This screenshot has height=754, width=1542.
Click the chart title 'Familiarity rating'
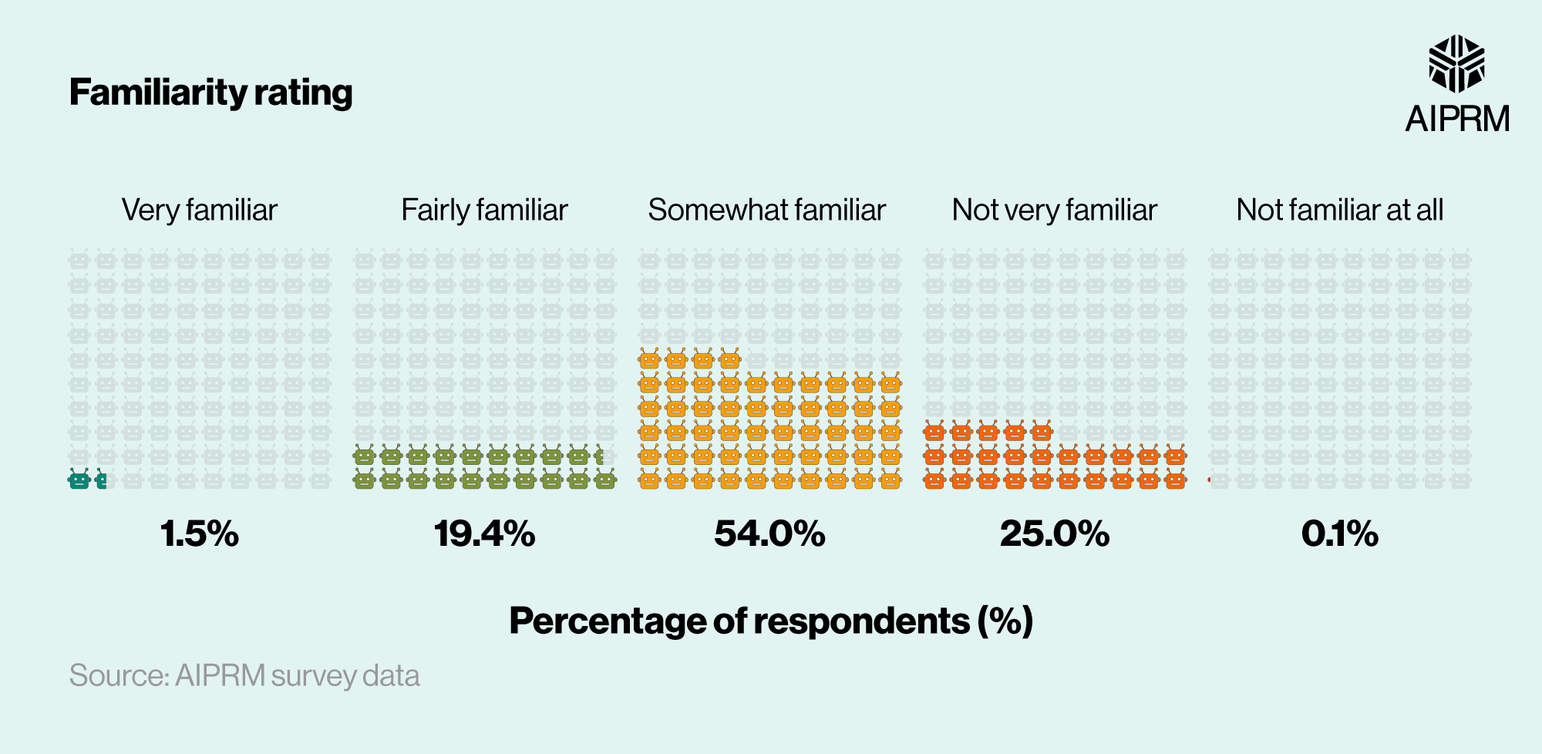(210, 93)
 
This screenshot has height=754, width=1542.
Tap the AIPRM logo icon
(1456, 63)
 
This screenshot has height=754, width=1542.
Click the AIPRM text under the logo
(1456, 119)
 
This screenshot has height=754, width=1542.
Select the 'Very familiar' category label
(199, 210)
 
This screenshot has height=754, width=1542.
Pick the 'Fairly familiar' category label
(484, 210)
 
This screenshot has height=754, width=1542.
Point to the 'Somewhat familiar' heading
(766, 210)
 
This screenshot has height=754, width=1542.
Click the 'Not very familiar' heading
(1054, 210)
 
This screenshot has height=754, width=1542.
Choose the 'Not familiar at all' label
(1339, 210)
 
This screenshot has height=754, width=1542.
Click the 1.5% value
(200, 534)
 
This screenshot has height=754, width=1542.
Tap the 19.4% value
(484, 534)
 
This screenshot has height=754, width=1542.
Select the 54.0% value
(769, 534)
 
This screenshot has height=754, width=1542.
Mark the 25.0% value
(1054, 534)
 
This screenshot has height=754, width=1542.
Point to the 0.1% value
(1339, 534)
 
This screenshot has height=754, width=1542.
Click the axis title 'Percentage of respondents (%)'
(770, 621)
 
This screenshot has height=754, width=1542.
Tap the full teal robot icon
(79, 480)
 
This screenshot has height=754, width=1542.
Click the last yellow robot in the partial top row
(729, 359)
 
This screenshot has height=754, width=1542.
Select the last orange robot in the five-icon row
(1041, 432)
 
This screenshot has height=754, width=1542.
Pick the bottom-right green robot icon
(605, 480)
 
